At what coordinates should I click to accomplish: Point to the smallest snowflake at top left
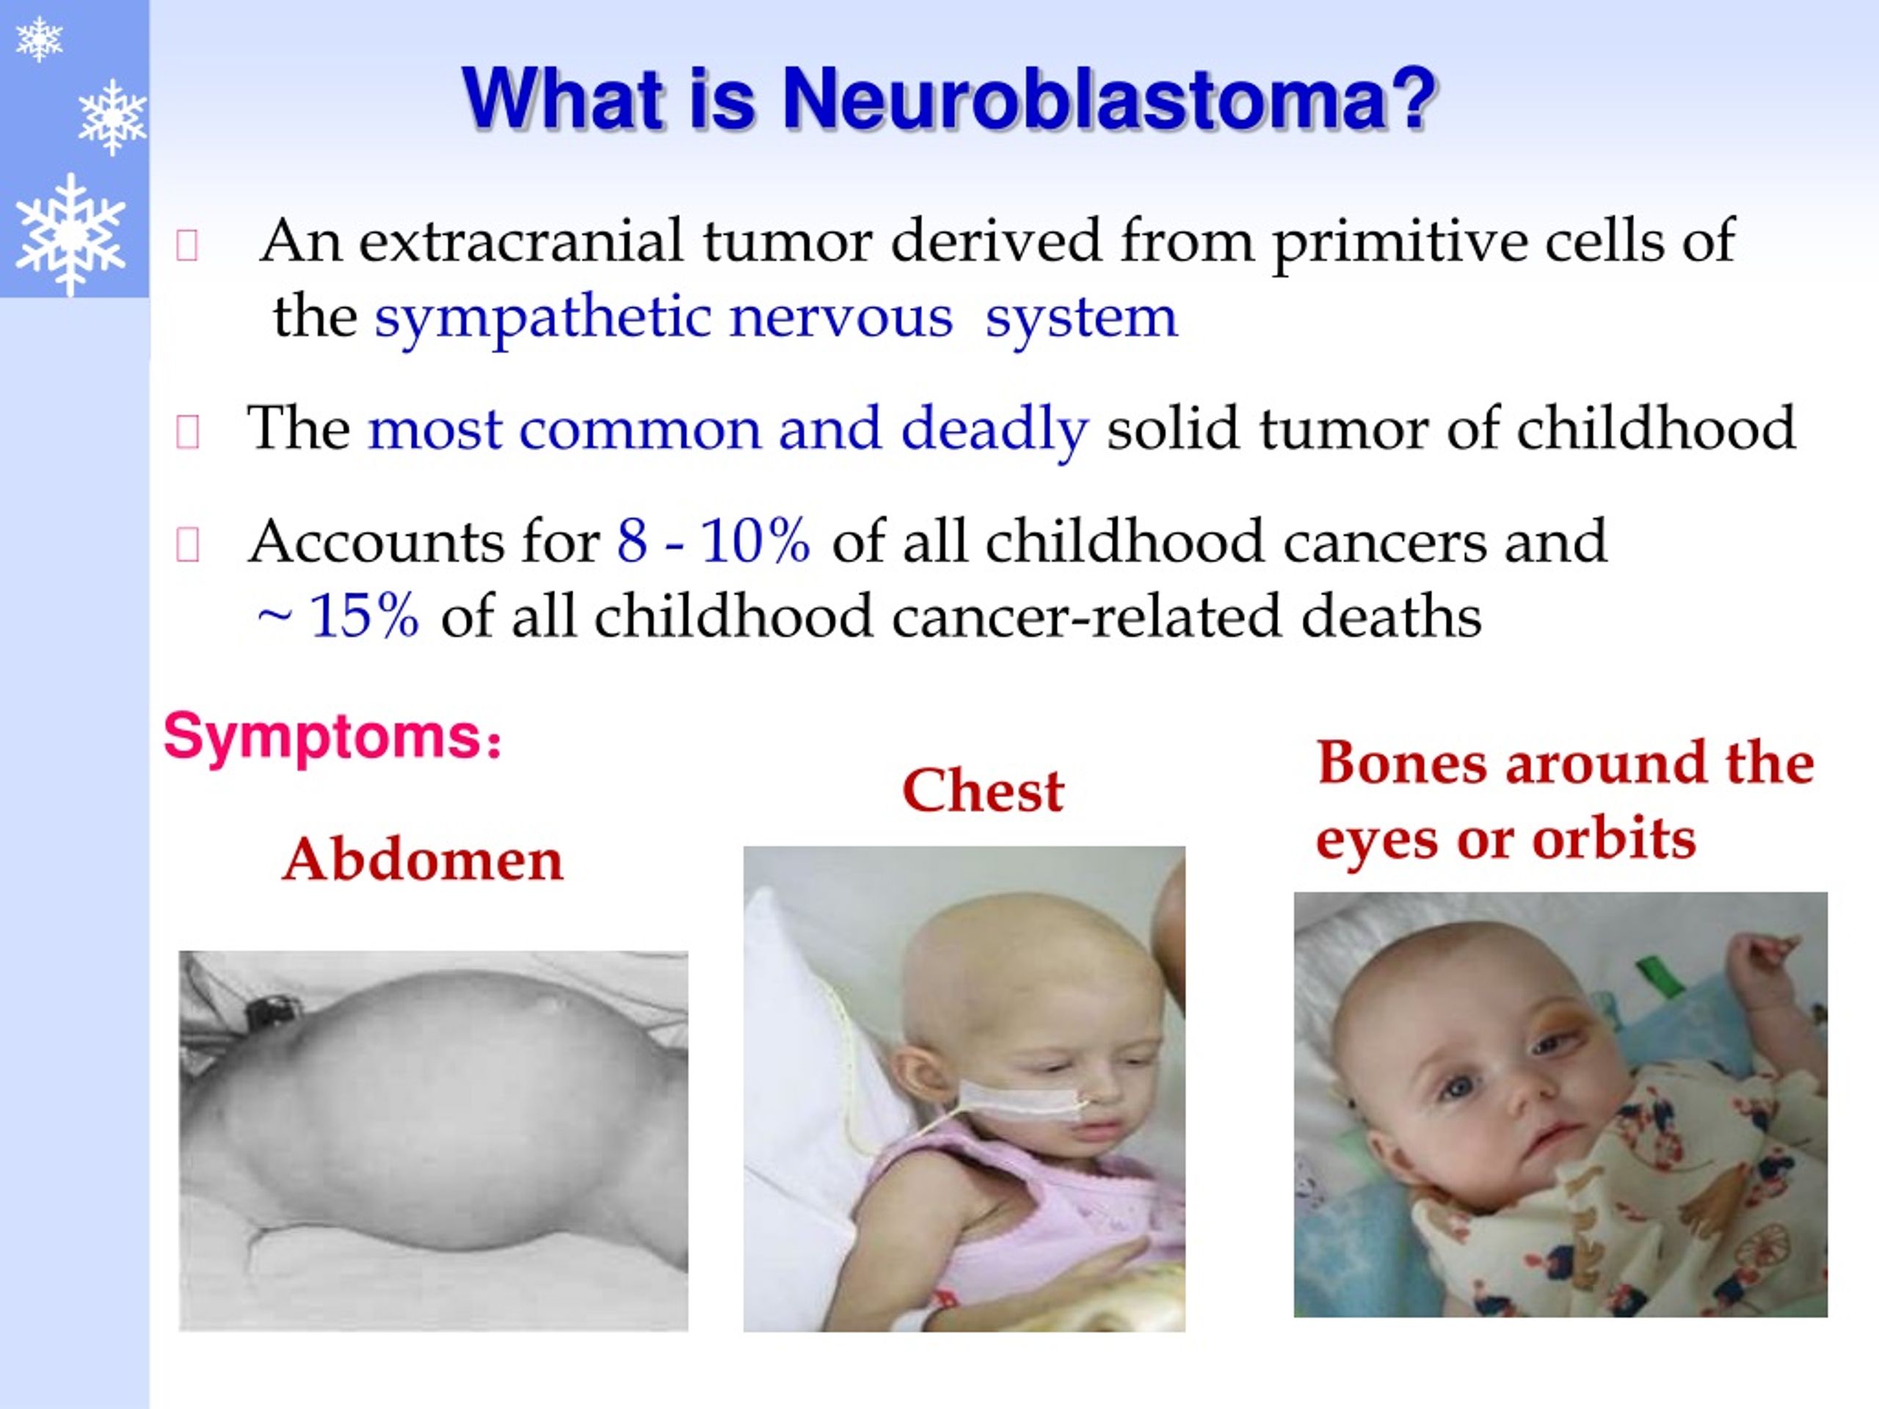pos(39,39)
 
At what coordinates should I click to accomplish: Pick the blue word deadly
pos(994,429)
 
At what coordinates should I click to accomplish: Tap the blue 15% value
pos(363,616)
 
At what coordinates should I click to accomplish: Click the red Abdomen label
pos(423,860)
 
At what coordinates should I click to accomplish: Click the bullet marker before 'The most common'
pos(187,432)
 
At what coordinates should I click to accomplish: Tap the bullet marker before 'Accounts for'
pos(187,545)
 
